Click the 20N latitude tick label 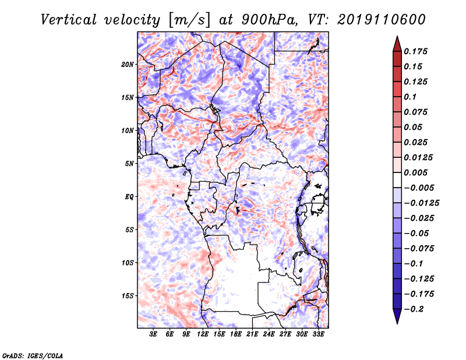[128, 65]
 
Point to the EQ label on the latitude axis [129, 197]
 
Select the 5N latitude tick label [129, 164]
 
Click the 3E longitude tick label [153, 334]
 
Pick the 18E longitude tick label [235, 334]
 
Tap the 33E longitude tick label [318, 334]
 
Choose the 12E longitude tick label [202, 334]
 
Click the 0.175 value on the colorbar [415, 51]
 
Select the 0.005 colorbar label [415, 172]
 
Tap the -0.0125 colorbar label [421, 203]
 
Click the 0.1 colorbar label [410, 97]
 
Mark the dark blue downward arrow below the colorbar [397, 316]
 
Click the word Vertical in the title [69, 20]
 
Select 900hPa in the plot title [269, 20]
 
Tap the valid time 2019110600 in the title [382, 20]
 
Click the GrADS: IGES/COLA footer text [33, 355]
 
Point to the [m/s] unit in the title [189, 20]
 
